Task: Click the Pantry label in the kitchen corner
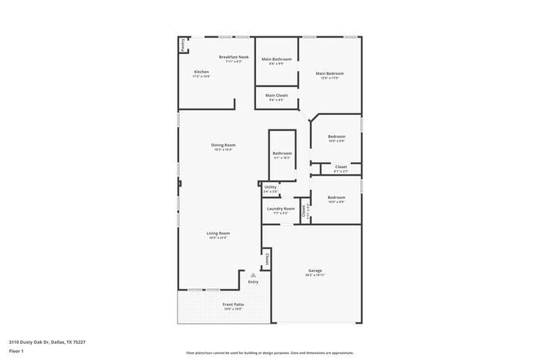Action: click(183, 45)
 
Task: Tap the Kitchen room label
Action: click(201, 72)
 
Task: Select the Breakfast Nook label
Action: click(234, 57)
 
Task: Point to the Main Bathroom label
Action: click(276, 59)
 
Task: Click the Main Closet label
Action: click(276, 96)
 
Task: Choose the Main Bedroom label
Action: click(329, 73)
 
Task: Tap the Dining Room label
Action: click(223, 145)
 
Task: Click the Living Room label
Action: click(218, 234)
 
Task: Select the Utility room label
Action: click(270, 187)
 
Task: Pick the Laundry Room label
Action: click(281, 209)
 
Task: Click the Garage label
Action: click(315, 271)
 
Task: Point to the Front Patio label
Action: click(233, 305)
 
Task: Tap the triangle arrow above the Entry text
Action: click(252, 274)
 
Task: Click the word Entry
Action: click(253, 281)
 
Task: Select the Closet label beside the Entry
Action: click(268, 259)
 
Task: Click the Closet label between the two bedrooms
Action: click(340, 167)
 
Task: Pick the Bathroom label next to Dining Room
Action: click(282, 153)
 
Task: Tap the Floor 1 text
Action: click(17, 351)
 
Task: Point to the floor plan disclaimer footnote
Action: click(269, 352)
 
